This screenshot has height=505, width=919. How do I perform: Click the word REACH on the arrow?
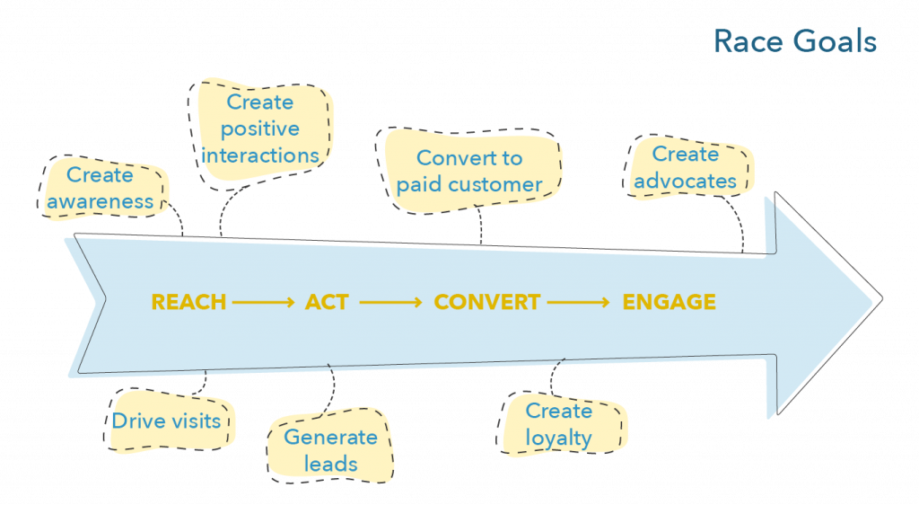188,302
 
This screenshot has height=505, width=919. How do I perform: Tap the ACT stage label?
327,302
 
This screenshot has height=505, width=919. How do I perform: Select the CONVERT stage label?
487,302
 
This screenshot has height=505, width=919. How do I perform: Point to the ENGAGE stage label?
670,302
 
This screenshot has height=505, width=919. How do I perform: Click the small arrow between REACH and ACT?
263,303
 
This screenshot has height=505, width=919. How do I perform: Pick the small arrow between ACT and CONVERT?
390,303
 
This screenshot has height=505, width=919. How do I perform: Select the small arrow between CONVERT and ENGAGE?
580,303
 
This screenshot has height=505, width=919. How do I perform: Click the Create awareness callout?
101,188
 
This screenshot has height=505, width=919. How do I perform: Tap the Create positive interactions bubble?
260,129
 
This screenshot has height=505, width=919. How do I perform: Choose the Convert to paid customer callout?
469,172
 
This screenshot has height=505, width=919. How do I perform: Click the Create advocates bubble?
685,167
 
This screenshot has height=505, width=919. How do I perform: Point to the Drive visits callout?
167,421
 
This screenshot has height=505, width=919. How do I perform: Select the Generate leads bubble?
330,450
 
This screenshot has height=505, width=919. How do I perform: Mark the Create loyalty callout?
559,424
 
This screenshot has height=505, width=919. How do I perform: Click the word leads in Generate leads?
330,464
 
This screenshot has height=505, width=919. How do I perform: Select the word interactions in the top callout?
260,155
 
